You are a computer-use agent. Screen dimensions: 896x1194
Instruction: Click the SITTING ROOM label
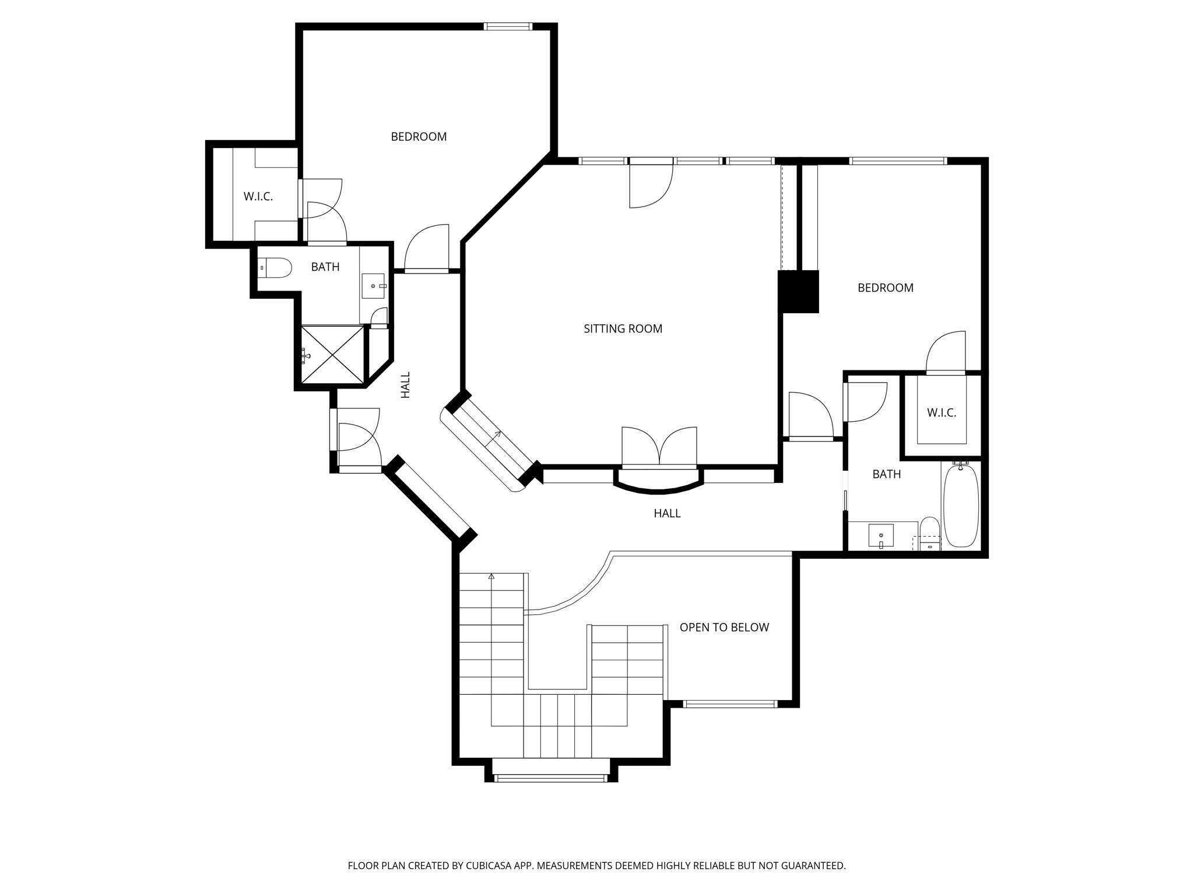click(x=623, y=329)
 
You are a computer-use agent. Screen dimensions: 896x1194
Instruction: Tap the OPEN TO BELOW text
click(x=724, y=627)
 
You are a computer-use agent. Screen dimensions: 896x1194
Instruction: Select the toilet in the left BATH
click(x=275, y=268)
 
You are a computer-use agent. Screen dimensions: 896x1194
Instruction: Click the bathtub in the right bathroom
click(x=960, y=505)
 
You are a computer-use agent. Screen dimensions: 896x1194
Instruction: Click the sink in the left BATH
click(x=373, y=286)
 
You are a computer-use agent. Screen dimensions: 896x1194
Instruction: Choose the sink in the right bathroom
click(x=880, y=535)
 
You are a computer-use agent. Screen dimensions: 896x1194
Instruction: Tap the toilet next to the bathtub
click(x=930, y=533)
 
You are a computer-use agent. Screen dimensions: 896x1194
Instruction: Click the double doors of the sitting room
click(x=659, y=448)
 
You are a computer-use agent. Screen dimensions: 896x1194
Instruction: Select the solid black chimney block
click(x=799, y=291)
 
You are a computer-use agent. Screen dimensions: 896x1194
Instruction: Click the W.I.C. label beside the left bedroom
click(x=258, y=197)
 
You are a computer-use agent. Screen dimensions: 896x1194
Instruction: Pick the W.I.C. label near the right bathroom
click(x=942, y=413)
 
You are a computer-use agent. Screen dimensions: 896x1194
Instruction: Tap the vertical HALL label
click(x=406, y=385)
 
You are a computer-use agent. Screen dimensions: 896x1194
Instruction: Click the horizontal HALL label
click(x=667, y=513)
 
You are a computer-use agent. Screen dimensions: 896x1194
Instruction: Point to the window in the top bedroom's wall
click(x=508, y=26)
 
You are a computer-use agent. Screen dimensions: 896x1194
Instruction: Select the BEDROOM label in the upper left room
click(x=419, y=136)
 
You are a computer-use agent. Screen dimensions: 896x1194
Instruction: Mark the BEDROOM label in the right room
click(x=885, y=288)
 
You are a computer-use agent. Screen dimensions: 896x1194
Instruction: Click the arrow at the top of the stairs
click(x=491, y=577)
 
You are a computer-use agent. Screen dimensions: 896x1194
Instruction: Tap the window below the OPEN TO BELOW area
click(x=729, y=704)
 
